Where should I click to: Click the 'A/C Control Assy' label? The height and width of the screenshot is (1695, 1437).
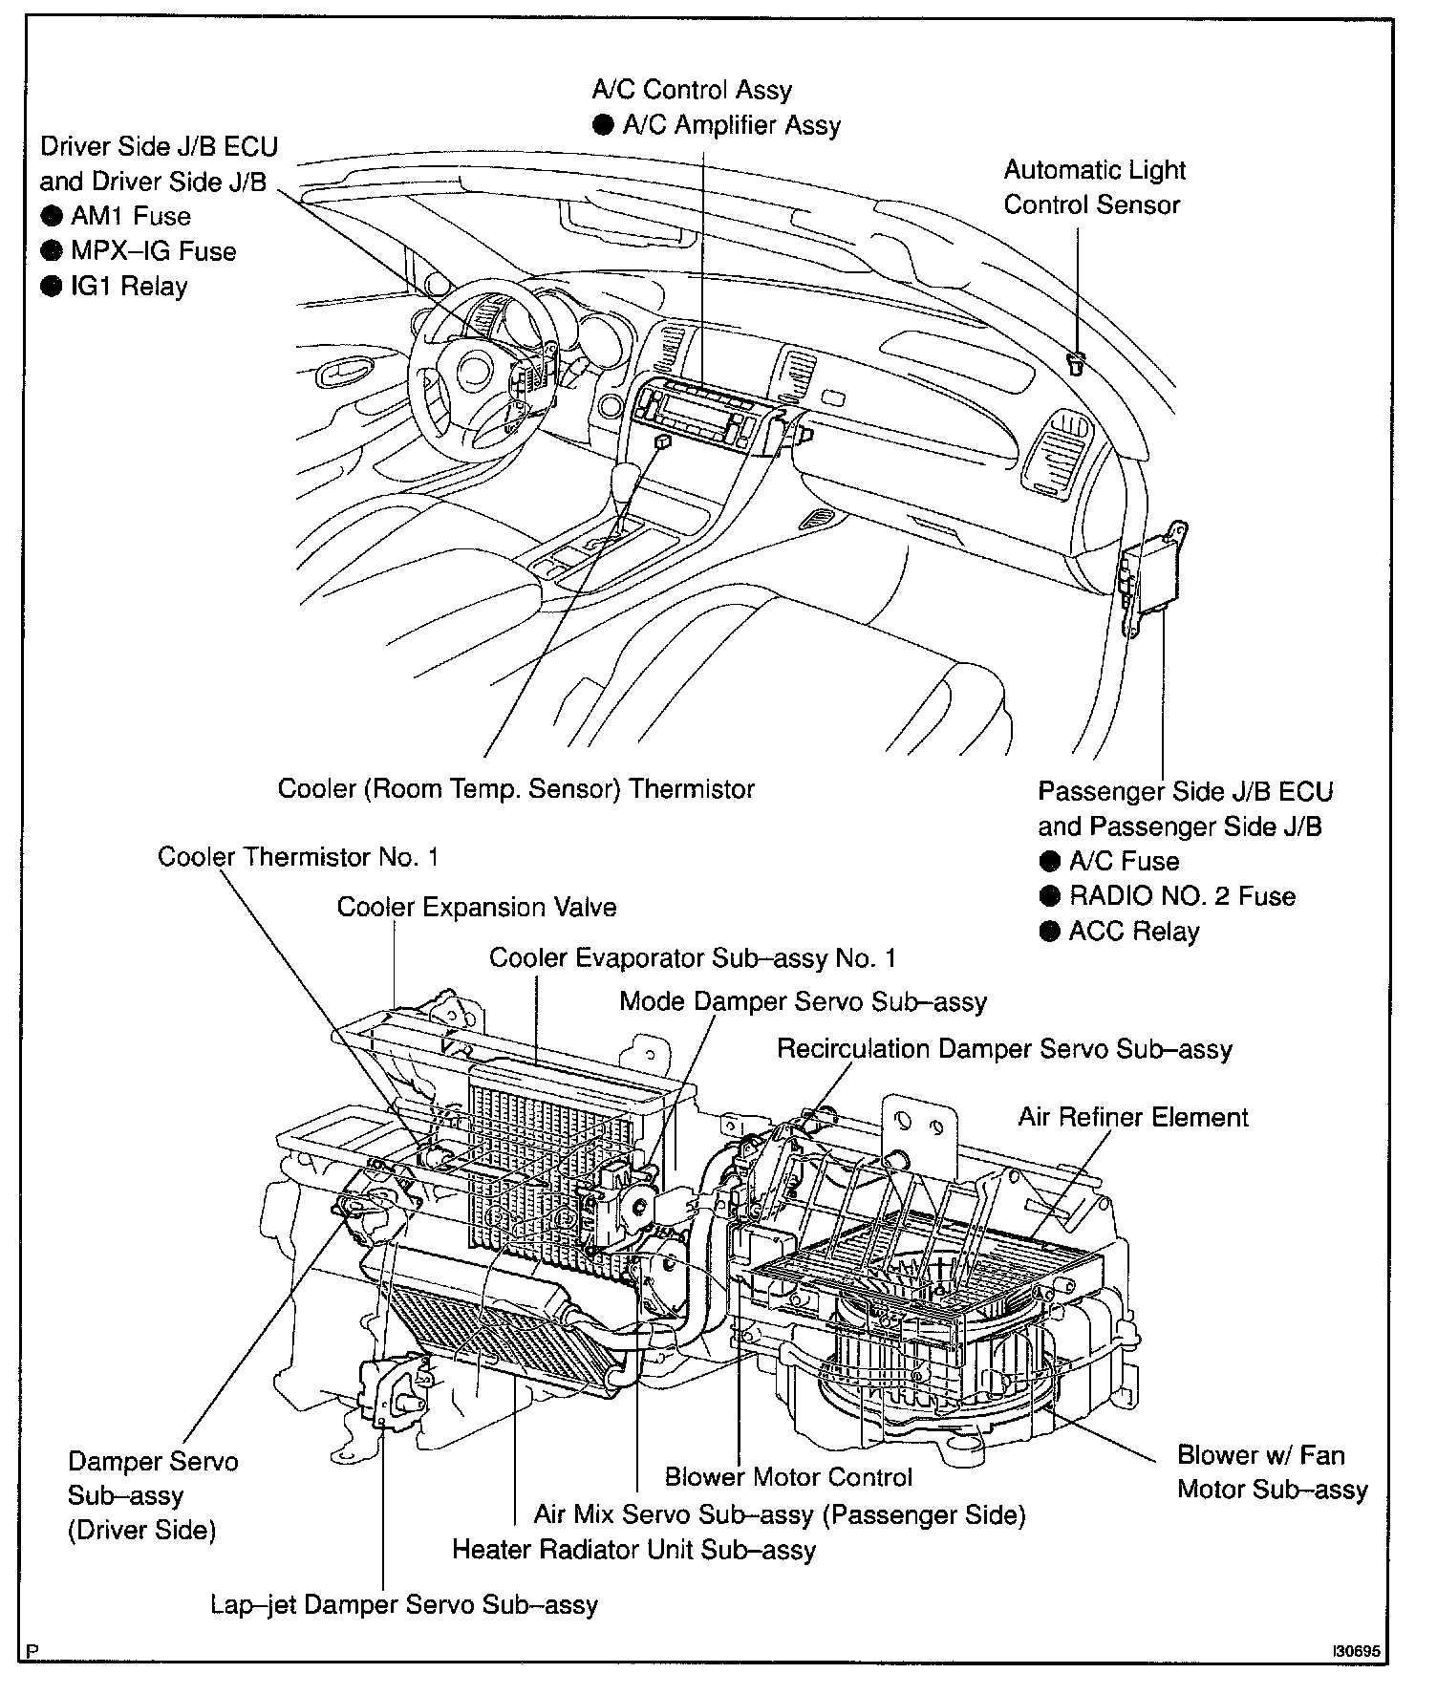click(692, 91)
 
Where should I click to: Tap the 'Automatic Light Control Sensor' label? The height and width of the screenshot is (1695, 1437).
click(1093, 187)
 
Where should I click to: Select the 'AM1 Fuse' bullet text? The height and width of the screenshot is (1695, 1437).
click(130, 217)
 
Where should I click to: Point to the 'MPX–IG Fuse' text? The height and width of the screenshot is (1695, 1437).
click(153, 252)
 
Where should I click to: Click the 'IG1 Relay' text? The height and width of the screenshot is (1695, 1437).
click(129, 287)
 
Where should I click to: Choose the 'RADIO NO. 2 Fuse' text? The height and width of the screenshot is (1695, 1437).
click(1182, 896)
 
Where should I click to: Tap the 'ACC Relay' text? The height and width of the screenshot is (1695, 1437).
click(1133, 932)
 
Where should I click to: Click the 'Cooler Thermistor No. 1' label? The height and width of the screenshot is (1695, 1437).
click(298, 857)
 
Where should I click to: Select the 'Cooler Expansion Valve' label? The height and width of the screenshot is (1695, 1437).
click(477, 908)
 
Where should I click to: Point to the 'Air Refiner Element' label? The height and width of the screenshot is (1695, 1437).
click(1133, 1117)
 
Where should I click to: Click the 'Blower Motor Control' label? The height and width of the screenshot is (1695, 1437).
click(788, 1477)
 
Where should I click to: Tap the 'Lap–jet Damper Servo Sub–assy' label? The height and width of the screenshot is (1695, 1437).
click(404, 1604)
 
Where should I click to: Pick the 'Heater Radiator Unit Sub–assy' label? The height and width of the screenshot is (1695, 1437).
click(633, 1550)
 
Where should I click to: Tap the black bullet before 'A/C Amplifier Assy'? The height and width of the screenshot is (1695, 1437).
click(603, 126)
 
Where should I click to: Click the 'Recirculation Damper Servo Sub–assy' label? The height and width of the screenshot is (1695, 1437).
click(1004, 1049)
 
